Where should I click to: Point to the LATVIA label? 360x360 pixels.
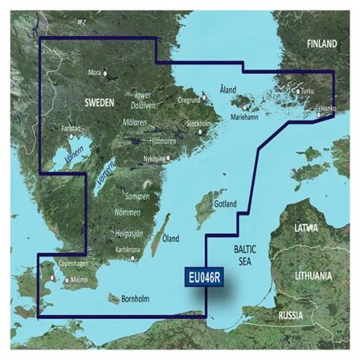pos(305,228)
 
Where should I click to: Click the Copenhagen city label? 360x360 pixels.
pos(69,264)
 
